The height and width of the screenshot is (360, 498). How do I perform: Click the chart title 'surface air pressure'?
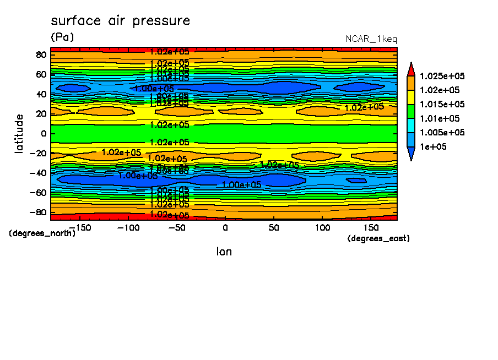(x=120, y=21)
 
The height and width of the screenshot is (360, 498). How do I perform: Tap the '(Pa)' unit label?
(x=62, y=37)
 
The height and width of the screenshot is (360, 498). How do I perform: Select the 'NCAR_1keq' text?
(x=371, y=39)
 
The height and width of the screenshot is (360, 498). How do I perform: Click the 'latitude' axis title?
(x=20, y=133)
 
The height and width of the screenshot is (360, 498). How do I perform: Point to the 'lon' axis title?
(x=224, y=252)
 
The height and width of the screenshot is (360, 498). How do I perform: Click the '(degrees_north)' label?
(x=42, y=233)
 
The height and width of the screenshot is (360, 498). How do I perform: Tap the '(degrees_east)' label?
(x=378, y=238)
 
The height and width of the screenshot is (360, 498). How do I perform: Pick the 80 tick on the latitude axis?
(x=40, y=54)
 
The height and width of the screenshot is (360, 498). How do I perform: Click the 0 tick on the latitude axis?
(x=42, y=133)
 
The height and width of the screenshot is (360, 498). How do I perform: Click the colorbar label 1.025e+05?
(x=442, y=76)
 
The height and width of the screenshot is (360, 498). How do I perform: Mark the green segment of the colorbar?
(x=410, y=112)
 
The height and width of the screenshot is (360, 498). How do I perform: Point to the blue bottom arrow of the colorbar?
(x=410, y=155)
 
